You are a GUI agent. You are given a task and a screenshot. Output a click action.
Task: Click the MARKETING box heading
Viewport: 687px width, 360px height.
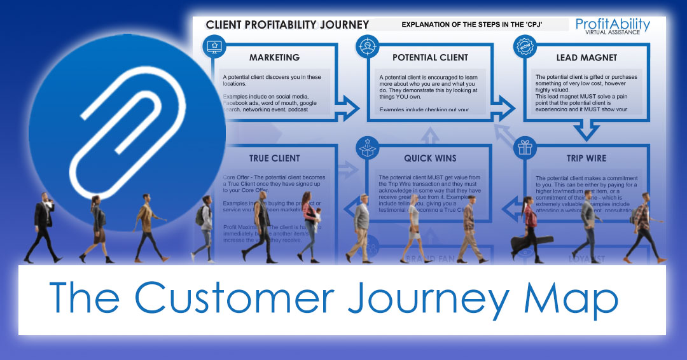coord(274,57)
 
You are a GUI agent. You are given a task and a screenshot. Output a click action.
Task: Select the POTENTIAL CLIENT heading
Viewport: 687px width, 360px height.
coord(431,57)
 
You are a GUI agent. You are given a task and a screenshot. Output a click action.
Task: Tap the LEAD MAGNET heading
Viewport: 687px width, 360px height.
coord(586,57)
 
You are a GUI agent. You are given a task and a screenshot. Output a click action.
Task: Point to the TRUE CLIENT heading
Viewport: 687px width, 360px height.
coord(275,158)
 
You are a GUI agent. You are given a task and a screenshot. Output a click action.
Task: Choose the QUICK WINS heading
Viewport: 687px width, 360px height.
coord(430,158)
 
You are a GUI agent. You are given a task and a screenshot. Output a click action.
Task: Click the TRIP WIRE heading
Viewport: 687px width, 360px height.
coord(587,158)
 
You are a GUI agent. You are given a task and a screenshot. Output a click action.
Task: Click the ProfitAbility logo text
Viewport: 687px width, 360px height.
coord(613,25)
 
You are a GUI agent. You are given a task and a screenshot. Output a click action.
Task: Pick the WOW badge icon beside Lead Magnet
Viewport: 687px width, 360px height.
coord(524,48)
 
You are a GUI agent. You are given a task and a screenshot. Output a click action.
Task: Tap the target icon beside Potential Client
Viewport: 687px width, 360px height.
coord(368,47)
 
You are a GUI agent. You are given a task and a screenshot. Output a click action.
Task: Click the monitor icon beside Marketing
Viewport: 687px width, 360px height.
coord(212,47)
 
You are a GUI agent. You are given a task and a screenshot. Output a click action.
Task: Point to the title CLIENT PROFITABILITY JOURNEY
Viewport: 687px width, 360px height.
coord(287,25)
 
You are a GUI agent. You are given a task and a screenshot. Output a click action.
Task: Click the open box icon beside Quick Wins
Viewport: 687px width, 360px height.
coord(368,148)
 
